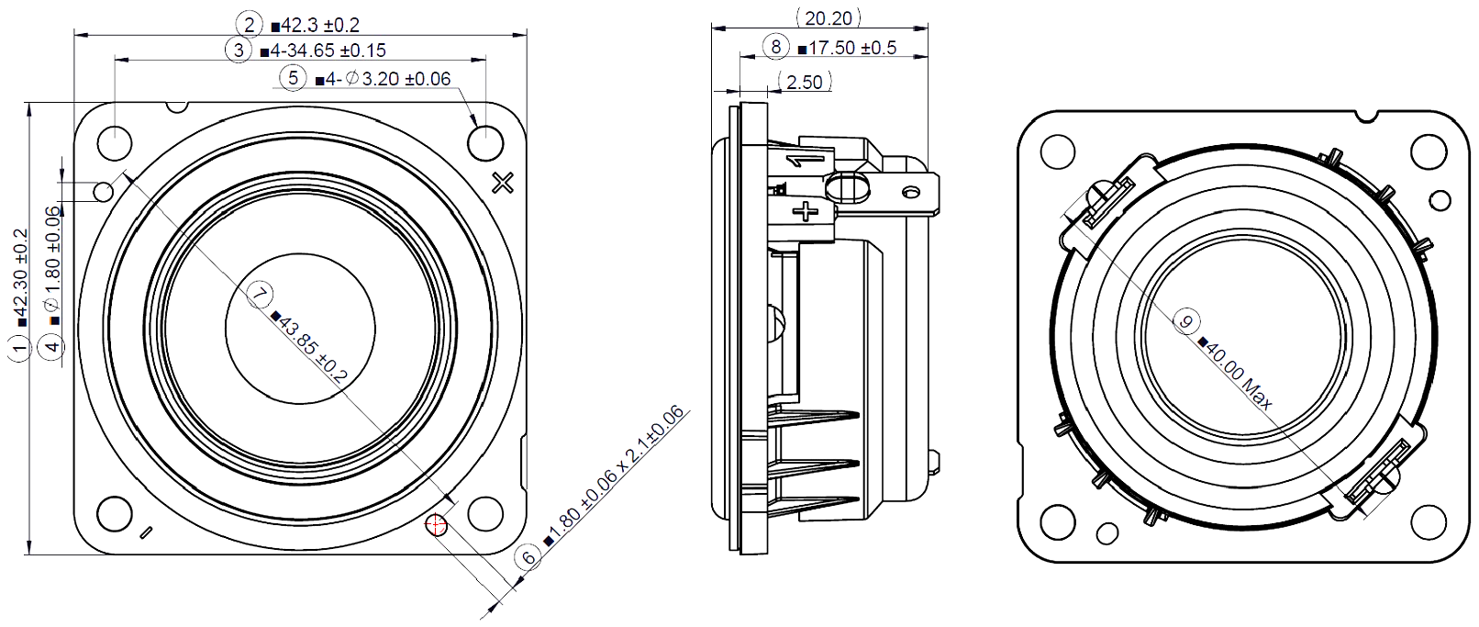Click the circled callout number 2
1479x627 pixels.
(x=248, y=24)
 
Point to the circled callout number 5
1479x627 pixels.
(x=293, y=78)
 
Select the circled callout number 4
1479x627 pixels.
(x=53, y=346)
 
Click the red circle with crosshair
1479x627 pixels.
(x=437, y=525)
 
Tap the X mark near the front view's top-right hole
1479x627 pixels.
(x=503, y=183)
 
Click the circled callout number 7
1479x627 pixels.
(x=261, y=294)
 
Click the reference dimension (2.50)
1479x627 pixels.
(x=805, y=82)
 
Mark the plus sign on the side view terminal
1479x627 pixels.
(x=806, y=211)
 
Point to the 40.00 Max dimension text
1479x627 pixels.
(x=1240, y=375)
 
